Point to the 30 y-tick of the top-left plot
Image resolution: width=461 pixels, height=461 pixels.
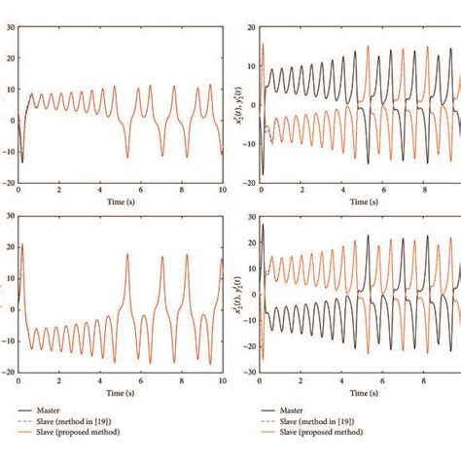(x=10, y=27)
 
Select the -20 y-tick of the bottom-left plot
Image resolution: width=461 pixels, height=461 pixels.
(x=7, y=372)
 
